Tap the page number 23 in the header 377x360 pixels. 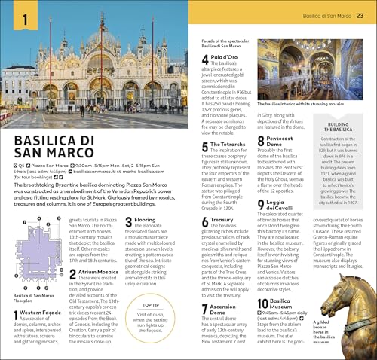point(360,16)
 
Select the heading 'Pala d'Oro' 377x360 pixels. point(226,57)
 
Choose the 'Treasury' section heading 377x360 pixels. point(222,220)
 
